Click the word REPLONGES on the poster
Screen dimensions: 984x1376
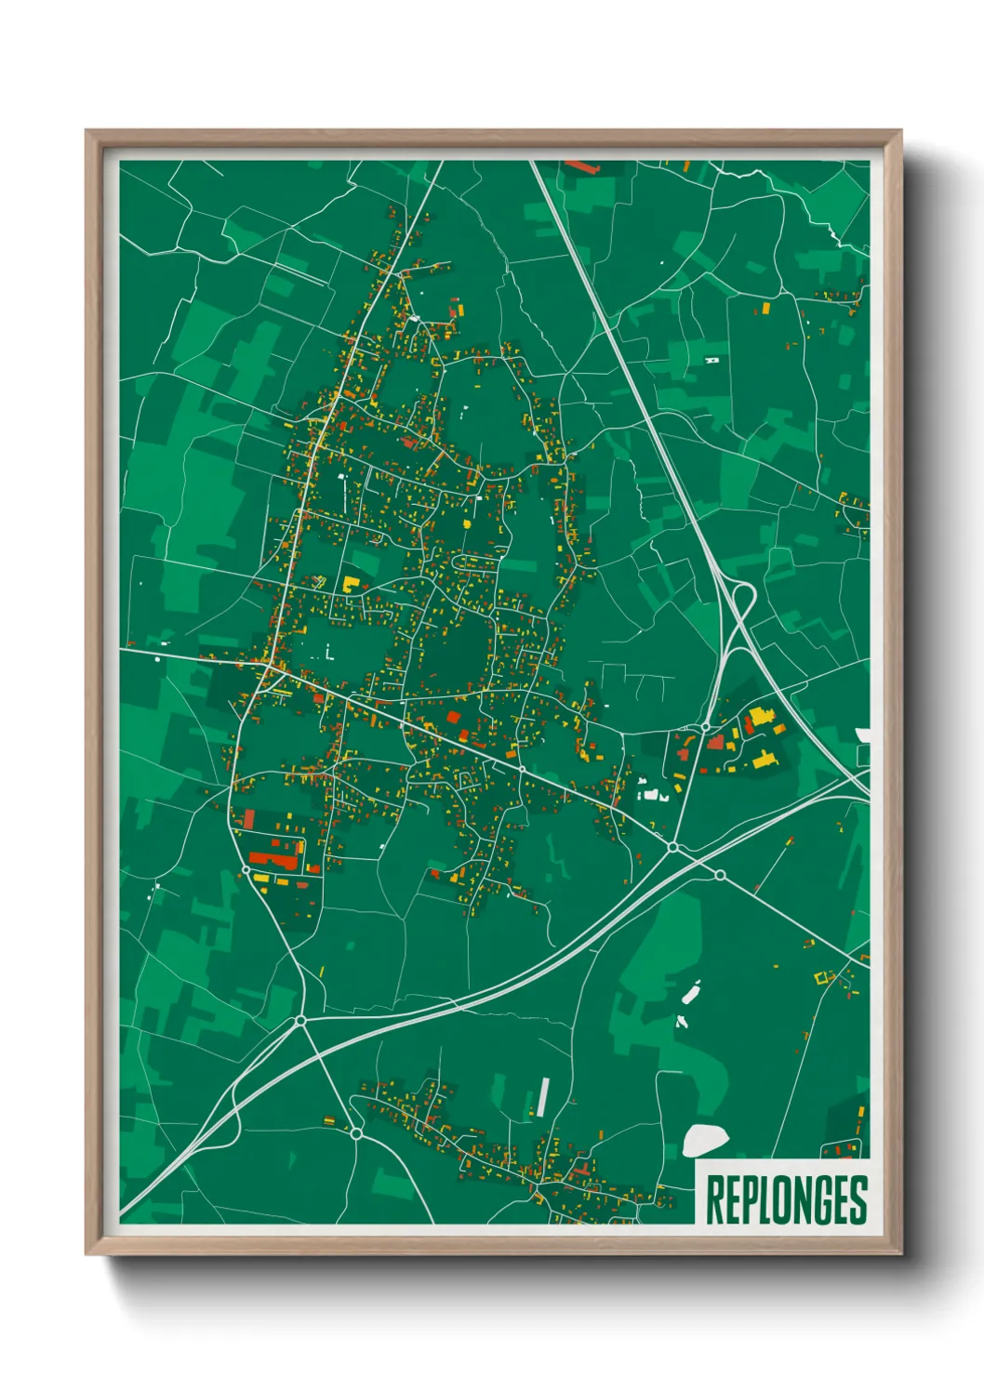pos(786,1199)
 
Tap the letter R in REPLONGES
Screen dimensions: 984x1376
pos(715,1199)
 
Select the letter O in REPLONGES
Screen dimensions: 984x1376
pos(784,1199)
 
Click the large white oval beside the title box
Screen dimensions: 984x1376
pos(705,1141)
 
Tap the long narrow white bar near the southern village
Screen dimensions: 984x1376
pos(542,1097)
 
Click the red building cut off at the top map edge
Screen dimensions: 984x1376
pos(581,166)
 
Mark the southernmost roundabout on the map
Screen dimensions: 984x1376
pos(355,1132)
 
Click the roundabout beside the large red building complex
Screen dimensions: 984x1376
pos(246,870)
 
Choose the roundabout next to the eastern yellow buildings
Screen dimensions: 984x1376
pos(706,727)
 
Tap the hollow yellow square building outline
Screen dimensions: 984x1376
pos(821,977)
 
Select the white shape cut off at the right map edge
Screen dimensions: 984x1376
pos(864,735)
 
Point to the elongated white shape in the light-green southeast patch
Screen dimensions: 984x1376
pos(691,993)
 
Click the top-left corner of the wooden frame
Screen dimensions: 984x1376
pos(87,132)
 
